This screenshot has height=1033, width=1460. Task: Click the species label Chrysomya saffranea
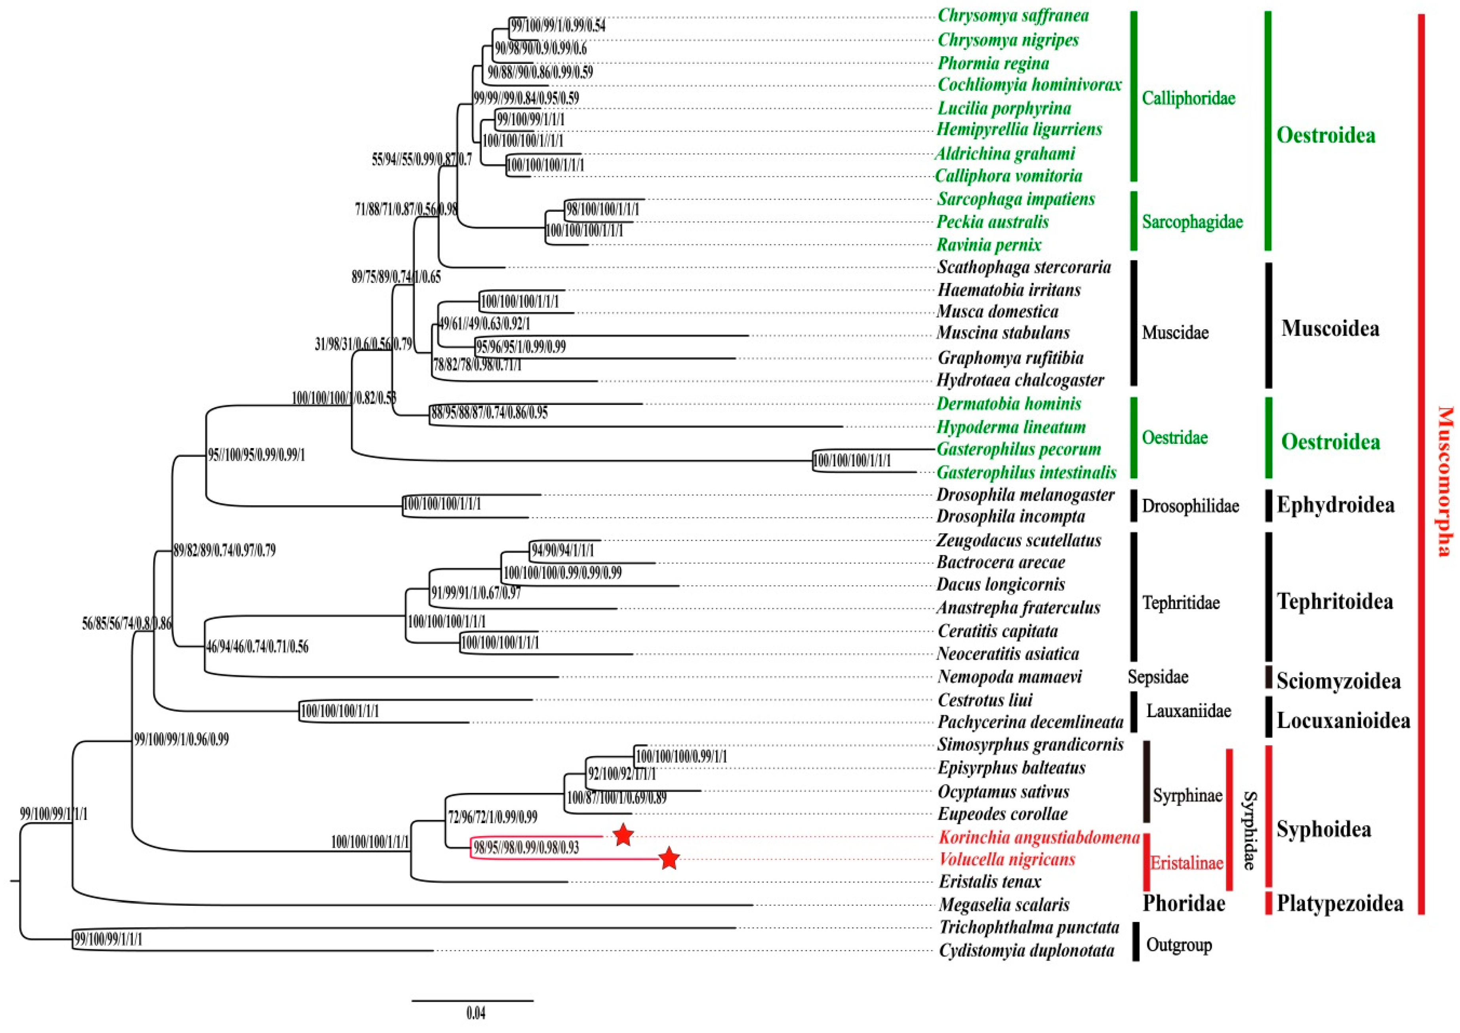1013,16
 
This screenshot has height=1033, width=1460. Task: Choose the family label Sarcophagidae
1192,222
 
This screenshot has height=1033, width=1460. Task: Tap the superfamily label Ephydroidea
1335,505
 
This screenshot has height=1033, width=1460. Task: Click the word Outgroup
1179,945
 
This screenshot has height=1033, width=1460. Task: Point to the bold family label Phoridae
1184,903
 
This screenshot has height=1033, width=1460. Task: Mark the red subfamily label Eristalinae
1187,863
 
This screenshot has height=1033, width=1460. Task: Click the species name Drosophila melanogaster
1025,495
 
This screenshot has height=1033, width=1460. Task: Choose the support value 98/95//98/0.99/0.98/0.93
526,848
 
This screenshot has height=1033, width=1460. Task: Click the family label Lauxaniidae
1188,711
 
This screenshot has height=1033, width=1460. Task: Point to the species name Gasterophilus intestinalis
1026,473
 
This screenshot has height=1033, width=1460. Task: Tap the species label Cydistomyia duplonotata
1026,951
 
